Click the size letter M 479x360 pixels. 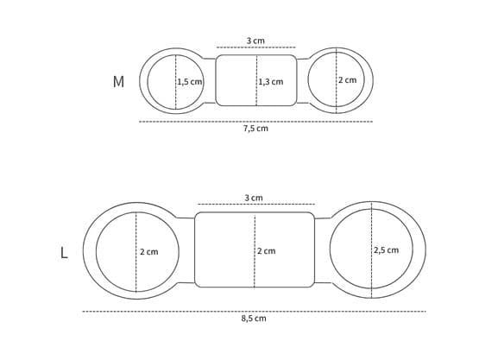118,82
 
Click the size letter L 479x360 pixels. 64,253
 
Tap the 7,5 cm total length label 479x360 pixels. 255,129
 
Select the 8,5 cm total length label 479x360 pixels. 254,319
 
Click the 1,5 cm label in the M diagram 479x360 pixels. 190,82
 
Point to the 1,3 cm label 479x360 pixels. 271,82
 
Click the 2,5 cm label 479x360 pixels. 386,250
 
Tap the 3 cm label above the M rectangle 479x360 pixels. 255,41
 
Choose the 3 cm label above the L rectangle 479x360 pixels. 254,198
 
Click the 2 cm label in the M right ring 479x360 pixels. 347,80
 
